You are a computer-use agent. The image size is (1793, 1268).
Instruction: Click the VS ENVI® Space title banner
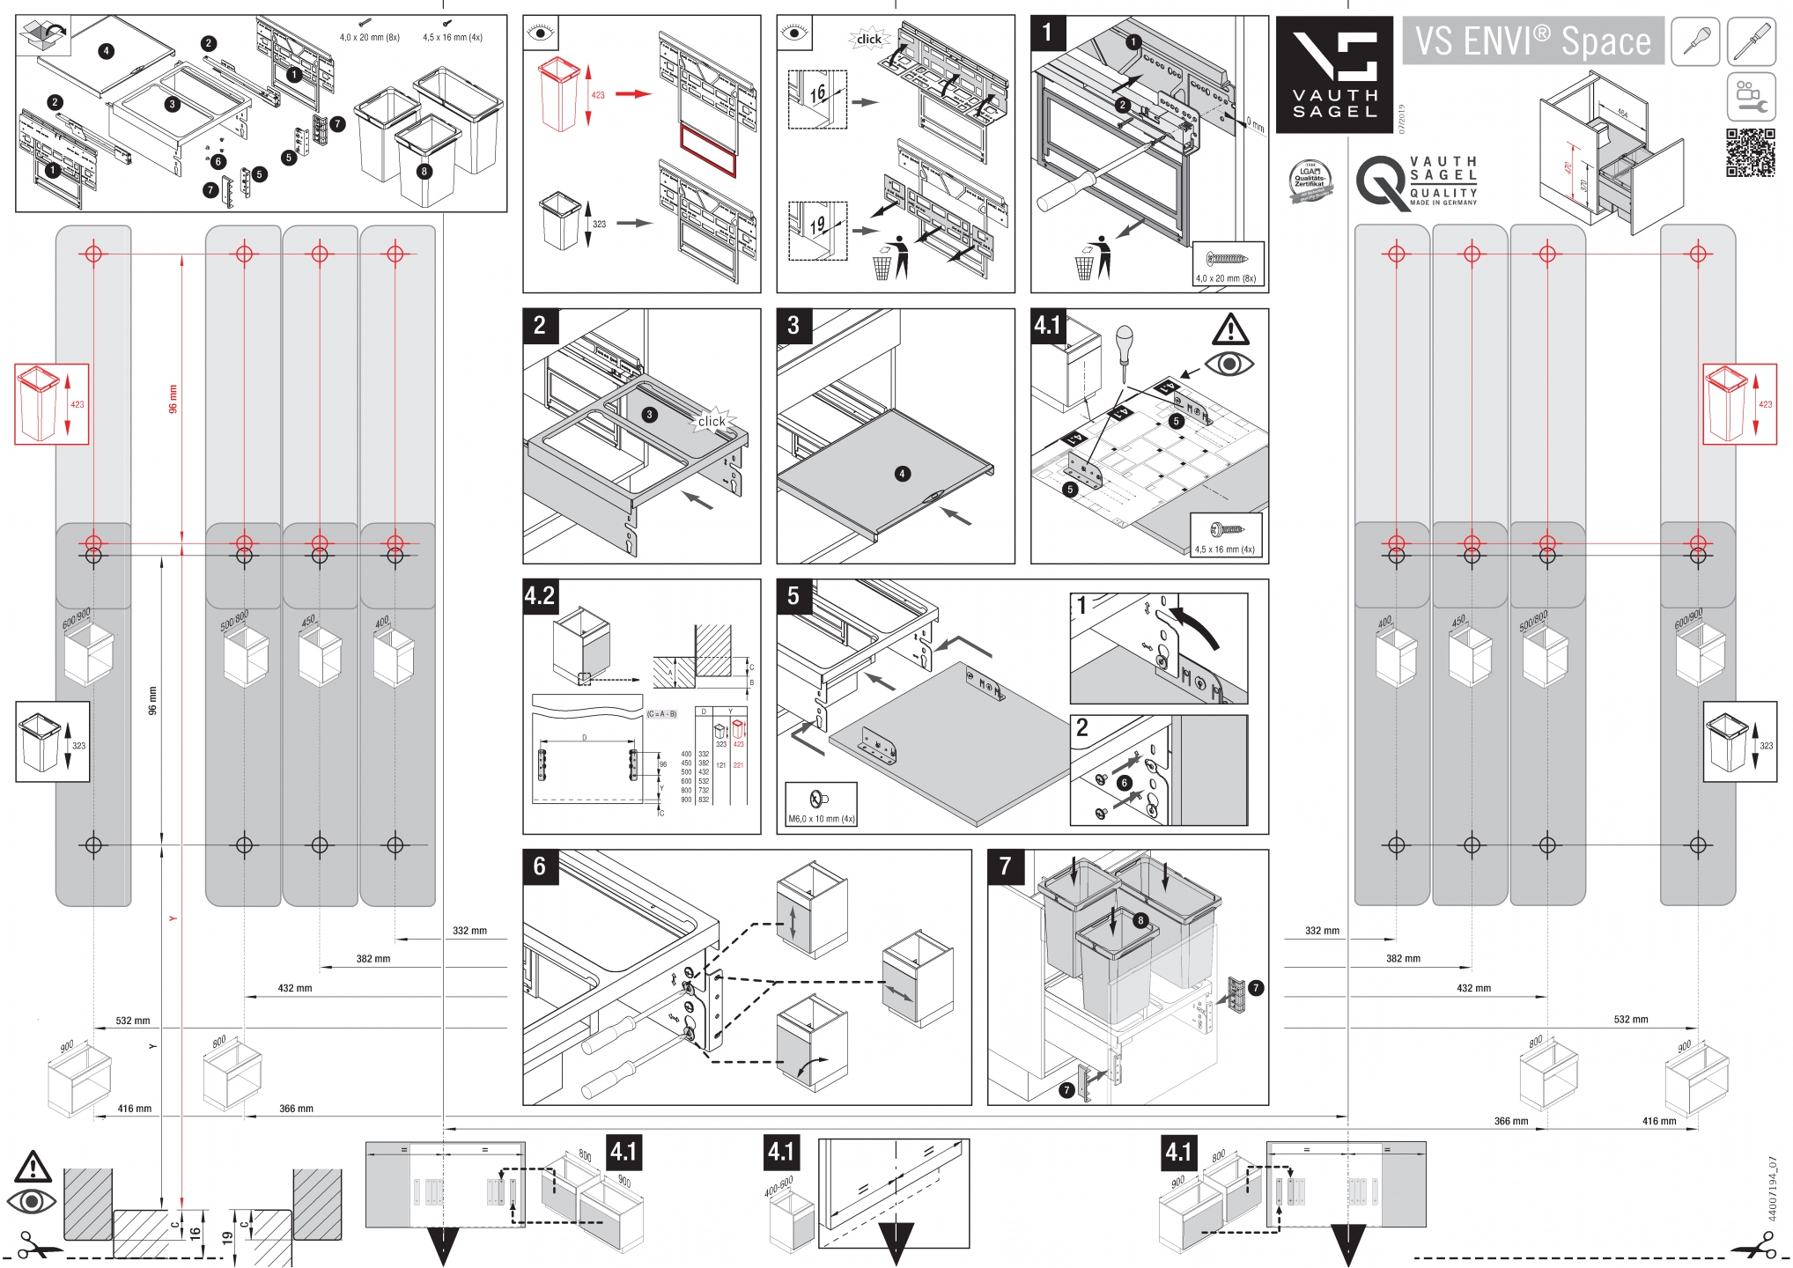1532,41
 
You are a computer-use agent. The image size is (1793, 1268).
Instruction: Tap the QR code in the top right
1749,153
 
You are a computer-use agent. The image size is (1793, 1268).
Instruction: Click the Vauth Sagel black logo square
1334,75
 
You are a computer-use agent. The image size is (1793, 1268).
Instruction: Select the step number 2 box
540,325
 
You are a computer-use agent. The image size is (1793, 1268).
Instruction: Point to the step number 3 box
793,325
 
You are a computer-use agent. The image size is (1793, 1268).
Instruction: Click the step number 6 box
540,866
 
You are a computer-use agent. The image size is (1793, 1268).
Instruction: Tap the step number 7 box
1005,866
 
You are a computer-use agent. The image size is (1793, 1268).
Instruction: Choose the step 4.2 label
540,596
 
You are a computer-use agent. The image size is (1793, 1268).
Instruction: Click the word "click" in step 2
712,421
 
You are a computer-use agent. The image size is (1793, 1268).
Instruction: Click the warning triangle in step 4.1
1230,330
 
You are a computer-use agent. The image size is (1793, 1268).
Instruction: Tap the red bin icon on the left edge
52,404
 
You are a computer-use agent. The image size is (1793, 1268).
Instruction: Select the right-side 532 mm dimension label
1630,1019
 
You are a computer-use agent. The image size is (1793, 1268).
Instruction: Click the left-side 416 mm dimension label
135,1109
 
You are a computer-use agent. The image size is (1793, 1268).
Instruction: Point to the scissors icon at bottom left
36,1246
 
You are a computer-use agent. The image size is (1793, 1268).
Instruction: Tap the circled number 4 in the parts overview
106,51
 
